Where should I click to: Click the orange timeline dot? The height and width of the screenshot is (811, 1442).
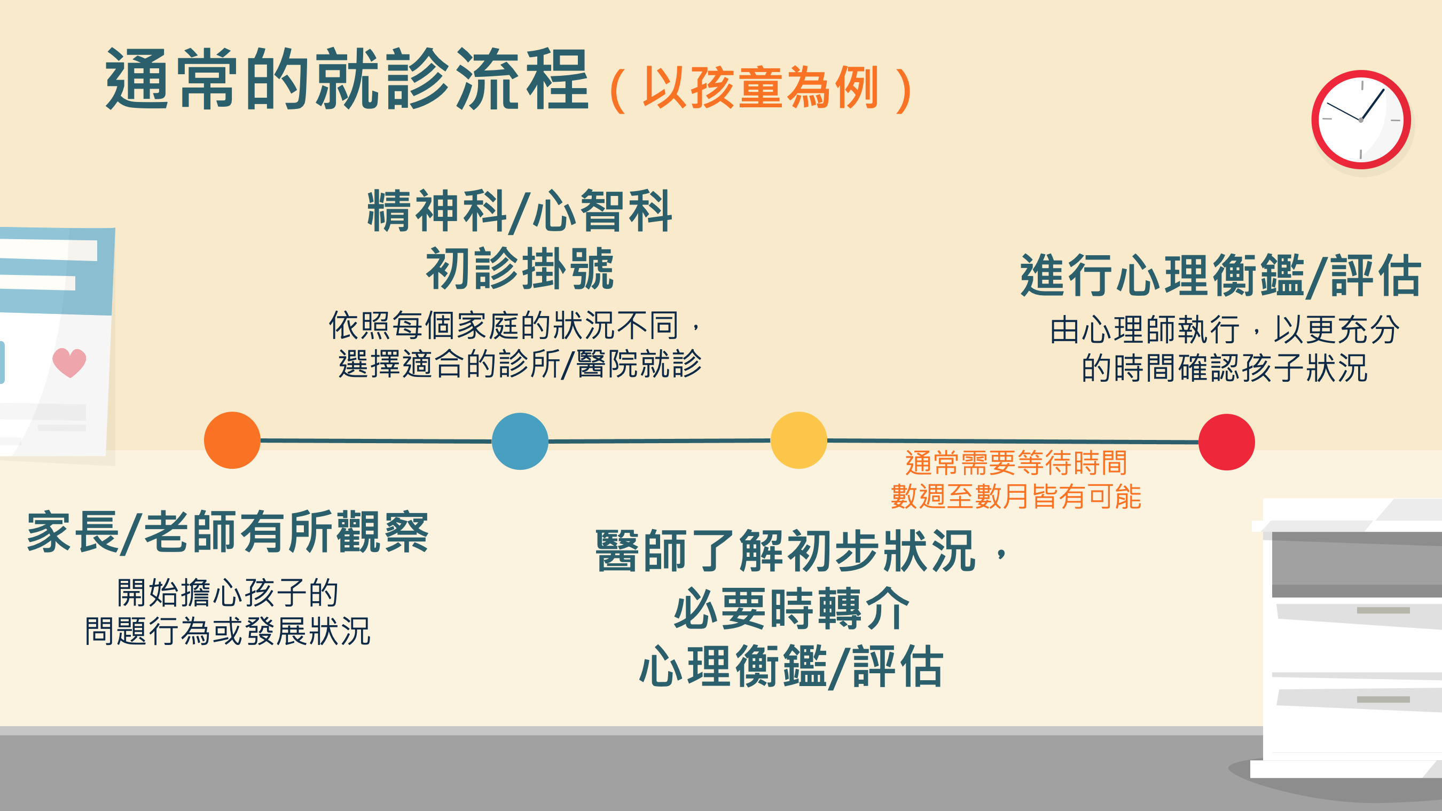click(232, 440)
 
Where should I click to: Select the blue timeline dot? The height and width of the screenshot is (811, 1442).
click(520, 441)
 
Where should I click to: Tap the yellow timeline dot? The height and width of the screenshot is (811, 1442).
click(799, 440)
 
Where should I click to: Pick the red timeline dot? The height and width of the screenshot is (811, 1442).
click(1226, 442)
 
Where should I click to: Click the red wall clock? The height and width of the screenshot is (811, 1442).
click(1361, 120)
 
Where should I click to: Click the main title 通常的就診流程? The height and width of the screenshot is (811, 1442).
click(347, 79)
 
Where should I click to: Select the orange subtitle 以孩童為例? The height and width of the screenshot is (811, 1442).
click(761, 88)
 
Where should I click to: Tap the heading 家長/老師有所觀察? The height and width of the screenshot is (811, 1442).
click(228, 532)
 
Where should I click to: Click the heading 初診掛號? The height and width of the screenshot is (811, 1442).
click(520, 269)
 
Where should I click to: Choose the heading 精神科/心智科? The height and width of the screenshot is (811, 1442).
click(520, 210)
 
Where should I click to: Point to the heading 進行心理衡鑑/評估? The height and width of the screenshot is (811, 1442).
click(1220, 275)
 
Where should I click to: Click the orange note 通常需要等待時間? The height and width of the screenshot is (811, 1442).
click(1016, 463)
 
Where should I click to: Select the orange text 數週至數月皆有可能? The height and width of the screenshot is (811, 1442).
click(1016, 497)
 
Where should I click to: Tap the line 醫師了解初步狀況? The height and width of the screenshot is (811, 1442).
click(787, 551)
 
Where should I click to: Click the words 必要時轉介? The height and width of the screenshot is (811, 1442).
click(791, 609)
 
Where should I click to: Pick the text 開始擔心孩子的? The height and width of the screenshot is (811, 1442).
click(228, 593)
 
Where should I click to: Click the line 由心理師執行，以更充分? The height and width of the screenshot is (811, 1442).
click(1225, 329)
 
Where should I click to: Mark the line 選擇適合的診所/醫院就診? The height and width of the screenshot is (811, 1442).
click(520, 364)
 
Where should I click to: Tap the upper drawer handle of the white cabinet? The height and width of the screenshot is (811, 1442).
click(1383, 610)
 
